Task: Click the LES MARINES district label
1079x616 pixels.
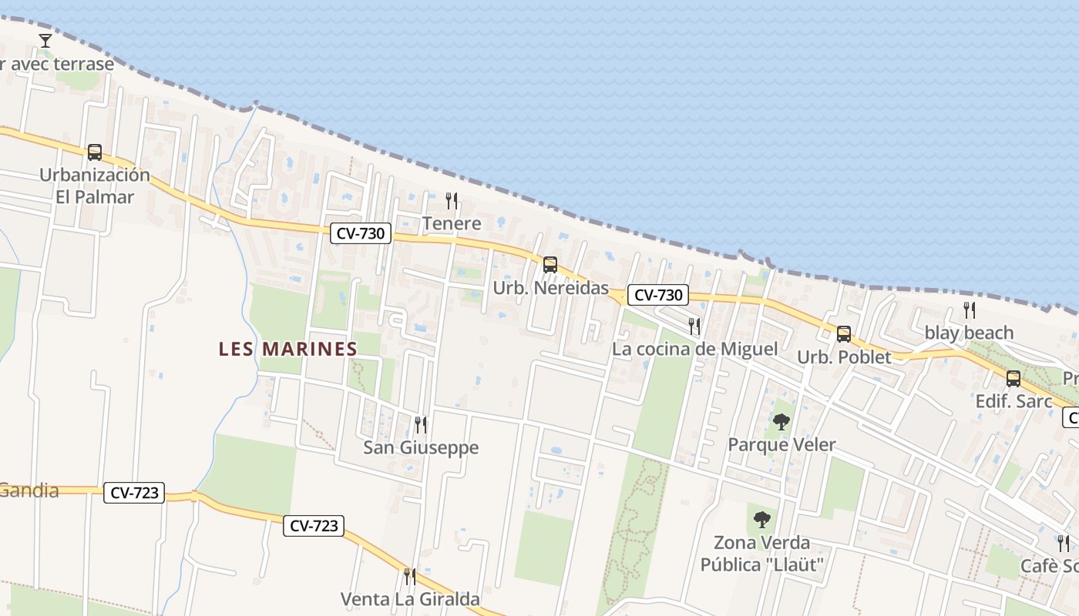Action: pyautogui.click(x=288, y=349)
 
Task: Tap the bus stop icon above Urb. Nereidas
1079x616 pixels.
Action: pyautogui.click(x=550, y=265)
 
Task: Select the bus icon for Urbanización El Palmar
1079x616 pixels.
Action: pyautogui.click(x=95, y=152)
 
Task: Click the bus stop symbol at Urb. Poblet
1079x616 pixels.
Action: pyautogui.click(x=844, y=334)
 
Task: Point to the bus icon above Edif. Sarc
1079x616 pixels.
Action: pyautogui.click(x=1013, y=379)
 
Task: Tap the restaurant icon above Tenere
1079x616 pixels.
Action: pyautogui.click(x=452, y=201)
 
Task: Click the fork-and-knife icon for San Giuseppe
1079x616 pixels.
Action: pyautogui.click(x=421, y=424)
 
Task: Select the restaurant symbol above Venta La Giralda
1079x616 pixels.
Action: pyautogui.click(x=410, y=576)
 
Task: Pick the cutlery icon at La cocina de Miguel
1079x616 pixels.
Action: pyautogui.click(x=694, y=326)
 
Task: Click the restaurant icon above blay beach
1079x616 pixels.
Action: pyautogui.click(x=970, y=310)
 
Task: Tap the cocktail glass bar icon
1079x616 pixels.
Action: pyautogui.click(x=45, y=40)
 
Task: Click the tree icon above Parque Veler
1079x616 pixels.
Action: pyautogui.click(x=782, y=421)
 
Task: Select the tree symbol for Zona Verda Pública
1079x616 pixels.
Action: pyautogui.click(x=762, y=520)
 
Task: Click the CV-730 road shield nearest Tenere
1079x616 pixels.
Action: pyautogui.click(x=361, y=233)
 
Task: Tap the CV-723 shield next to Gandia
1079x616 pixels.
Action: pyautogui.click(x=134, y=493)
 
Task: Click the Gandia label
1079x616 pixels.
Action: pyautogui.click(x=29, y=490)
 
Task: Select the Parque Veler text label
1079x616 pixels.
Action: pyautogui.click(x=782, y=445)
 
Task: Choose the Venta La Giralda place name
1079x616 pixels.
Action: pyautogui.click(x=410, y=599)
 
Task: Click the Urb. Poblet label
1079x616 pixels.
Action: pyautogui.click(x=844, y=357)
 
